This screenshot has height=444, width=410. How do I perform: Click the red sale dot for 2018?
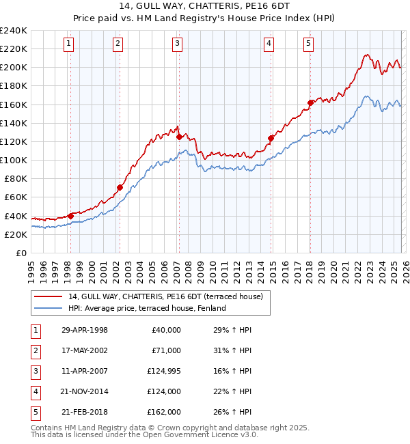(310, 102)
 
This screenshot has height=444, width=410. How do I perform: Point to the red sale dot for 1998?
(70, 216)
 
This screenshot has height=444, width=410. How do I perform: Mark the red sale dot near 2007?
(179, 137)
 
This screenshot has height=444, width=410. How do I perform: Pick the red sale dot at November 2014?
(271, 138)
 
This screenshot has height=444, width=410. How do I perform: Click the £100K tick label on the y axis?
(13, 160)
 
